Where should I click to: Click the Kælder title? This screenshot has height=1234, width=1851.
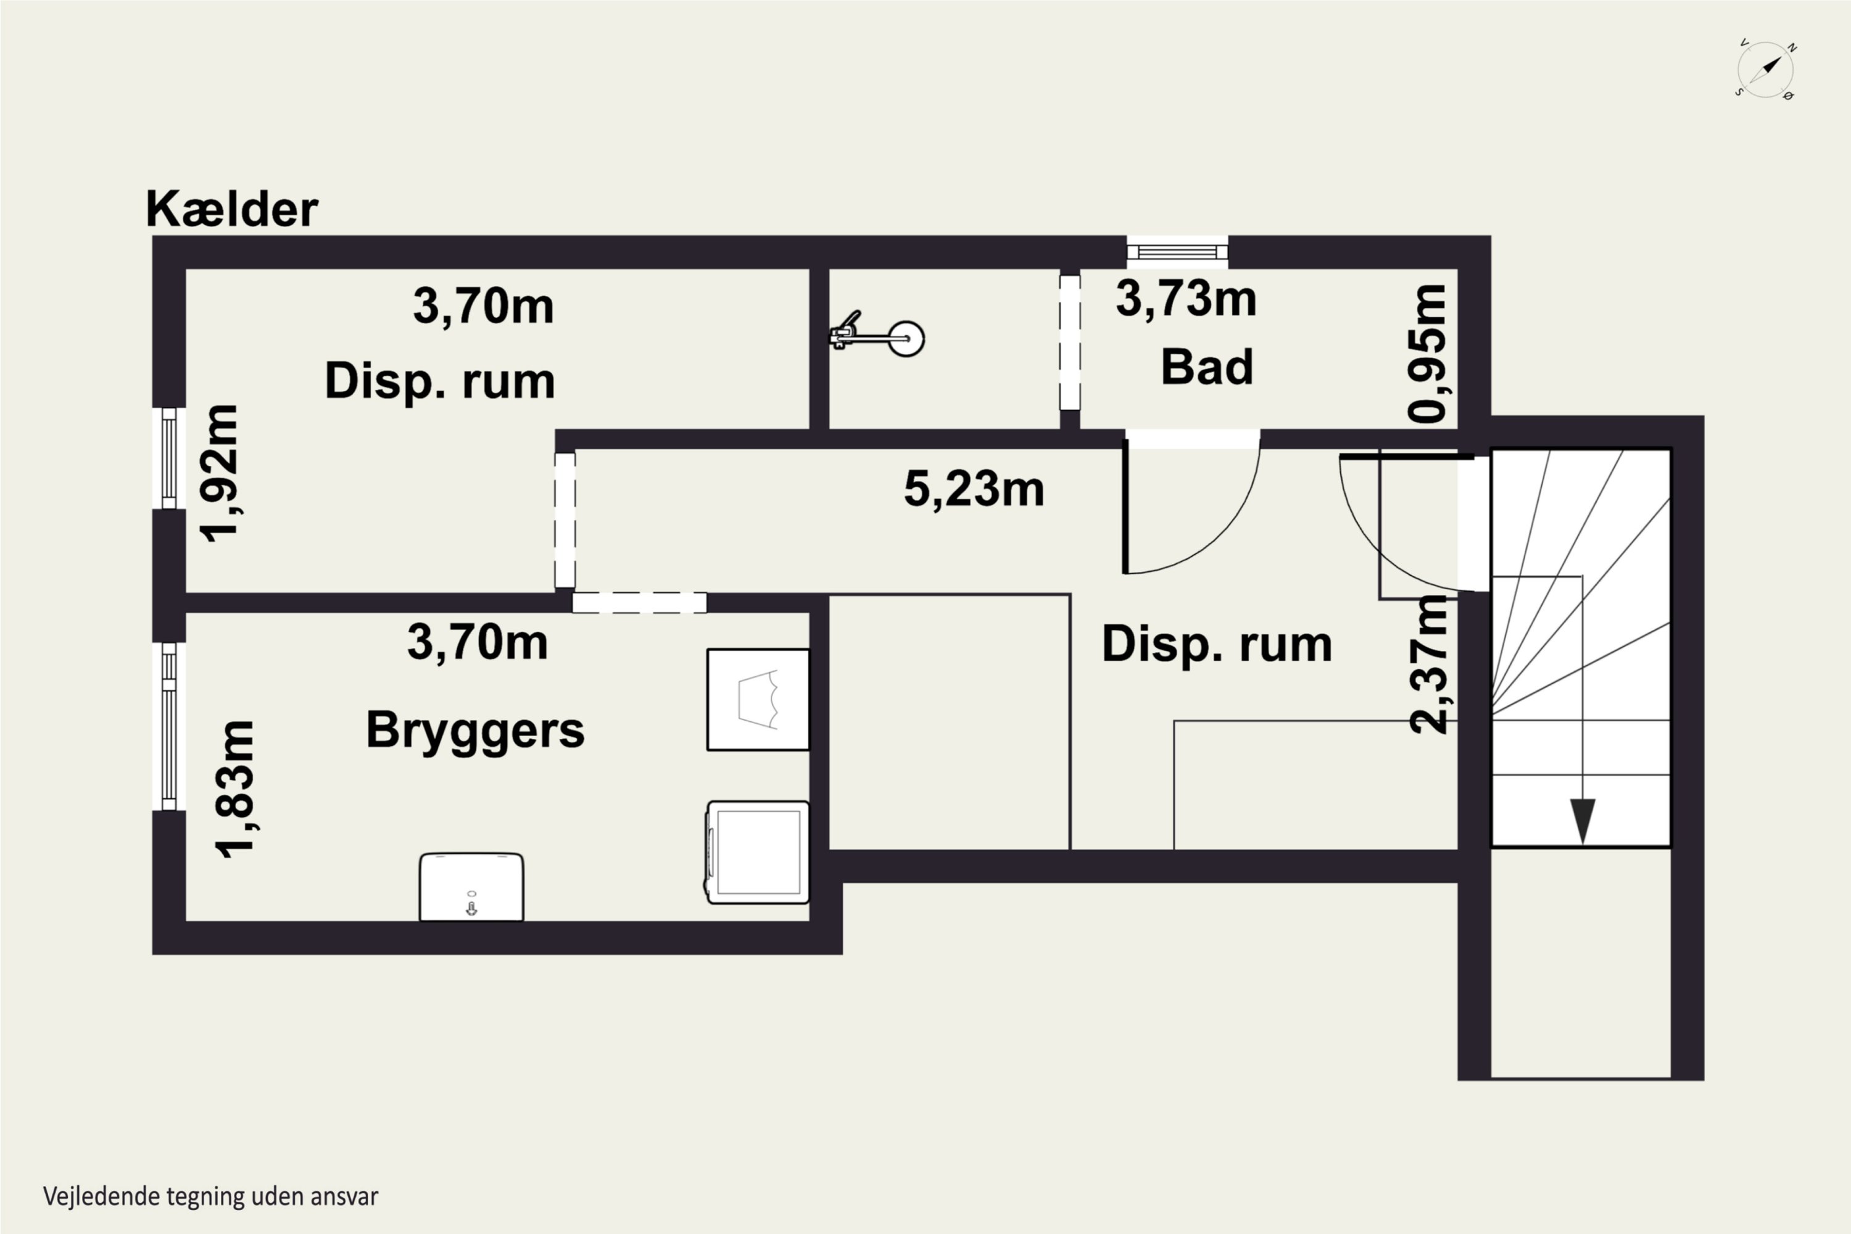232,209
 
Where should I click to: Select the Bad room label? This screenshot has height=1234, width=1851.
1206,366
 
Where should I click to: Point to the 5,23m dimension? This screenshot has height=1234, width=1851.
974,489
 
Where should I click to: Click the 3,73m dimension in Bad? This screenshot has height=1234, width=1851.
1186,299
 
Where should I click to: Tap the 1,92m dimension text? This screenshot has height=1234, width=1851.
220,473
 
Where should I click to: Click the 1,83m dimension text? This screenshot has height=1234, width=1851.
235,789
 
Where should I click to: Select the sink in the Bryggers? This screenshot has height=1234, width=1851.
471,886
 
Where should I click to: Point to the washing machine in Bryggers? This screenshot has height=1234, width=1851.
757,852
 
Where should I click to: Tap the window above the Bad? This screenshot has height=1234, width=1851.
1177,252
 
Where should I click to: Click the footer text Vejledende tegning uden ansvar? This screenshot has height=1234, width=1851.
211,1196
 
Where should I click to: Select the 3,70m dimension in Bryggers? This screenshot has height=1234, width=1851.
478,642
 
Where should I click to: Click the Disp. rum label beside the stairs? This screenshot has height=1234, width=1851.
1217,645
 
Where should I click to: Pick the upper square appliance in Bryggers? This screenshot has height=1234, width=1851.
758,700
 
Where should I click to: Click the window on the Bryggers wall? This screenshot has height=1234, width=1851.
168,726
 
